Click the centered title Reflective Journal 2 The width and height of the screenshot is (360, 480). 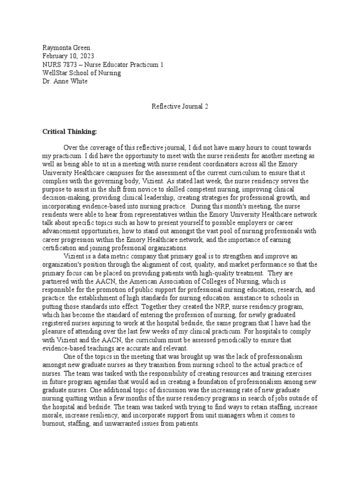tap(180, 106)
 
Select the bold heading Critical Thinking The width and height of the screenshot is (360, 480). tap(69, 132)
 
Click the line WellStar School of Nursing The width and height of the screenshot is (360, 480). tap(81, 73)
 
